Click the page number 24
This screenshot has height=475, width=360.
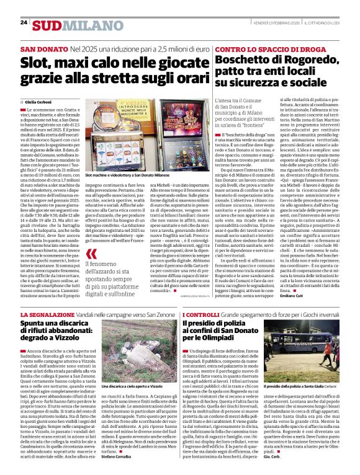point(24,22)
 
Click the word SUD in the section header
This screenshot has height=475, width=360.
point(48,24)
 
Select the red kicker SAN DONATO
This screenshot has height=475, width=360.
point(44,48)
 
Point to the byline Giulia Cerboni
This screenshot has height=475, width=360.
point(38,101)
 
